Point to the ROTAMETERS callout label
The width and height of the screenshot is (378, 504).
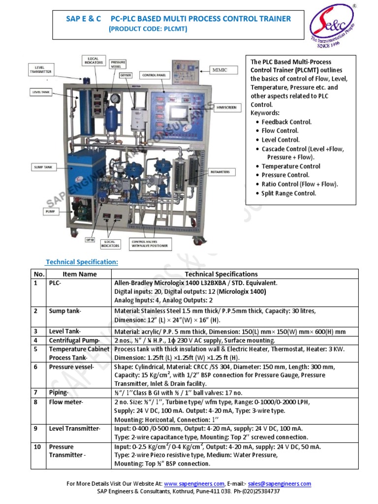[x=222, y=172]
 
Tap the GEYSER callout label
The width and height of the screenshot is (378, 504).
[x=126, y=75]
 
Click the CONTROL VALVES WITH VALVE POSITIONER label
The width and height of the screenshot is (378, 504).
[x=149, y=243]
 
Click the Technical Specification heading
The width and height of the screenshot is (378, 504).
[x=82, y=262]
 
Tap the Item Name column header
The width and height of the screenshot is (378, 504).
[x=80, y=274]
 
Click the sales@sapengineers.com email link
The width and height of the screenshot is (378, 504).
[x=280, y=484]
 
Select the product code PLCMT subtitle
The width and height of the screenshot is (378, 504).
[x=148, y=29]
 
